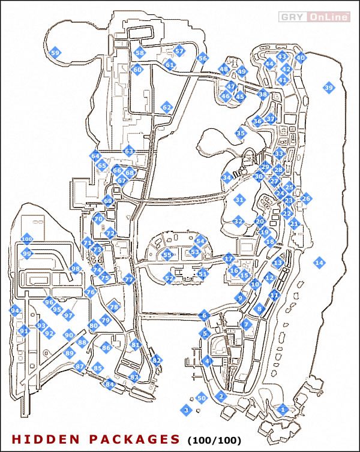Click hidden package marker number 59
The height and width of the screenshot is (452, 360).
pos(55,53)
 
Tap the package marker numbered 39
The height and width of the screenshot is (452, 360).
pos(328,88)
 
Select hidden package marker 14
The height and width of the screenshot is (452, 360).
pos(319,262)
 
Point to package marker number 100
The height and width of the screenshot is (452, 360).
pos(26,239)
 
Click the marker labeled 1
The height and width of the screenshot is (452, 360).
pos(283,409)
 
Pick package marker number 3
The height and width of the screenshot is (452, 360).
pos(186,409)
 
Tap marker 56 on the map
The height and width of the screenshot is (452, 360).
pos(202,58)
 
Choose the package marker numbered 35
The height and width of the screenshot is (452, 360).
pos(241,133)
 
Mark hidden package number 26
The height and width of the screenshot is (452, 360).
pos(306,198)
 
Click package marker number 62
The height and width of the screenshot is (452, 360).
pos(167,108)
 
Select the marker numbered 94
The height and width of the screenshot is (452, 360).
pos(15,311)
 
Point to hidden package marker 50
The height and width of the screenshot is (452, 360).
pos(202,397)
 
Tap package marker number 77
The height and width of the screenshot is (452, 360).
pos(128,279)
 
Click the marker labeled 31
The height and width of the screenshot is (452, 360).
pos(240,199)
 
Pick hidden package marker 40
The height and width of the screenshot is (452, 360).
pos(301,58)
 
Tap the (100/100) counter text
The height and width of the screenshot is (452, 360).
pos(215,440)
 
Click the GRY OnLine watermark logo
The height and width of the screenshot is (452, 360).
pos(315,17)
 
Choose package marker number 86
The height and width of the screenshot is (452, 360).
pos(106,347)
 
